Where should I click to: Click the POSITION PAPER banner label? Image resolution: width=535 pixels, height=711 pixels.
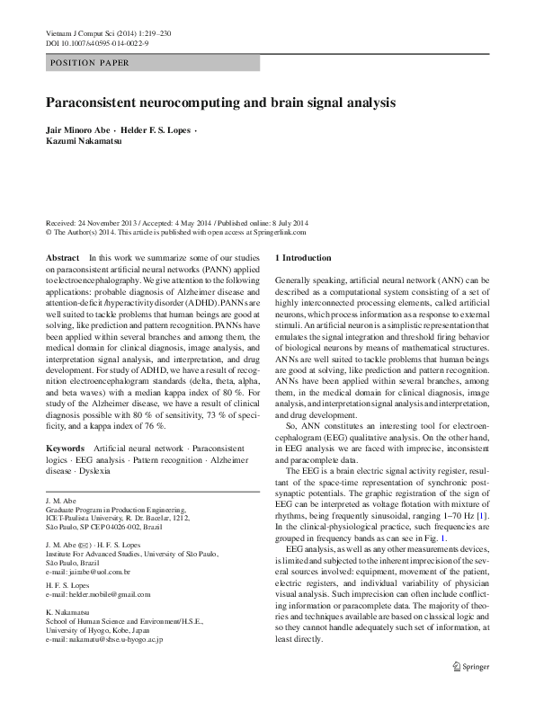[x=90, y=63]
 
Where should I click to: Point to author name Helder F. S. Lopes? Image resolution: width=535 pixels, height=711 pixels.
[x=162, y=131]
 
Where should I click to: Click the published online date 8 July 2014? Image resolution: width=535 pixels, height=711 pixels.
[x=287, y=223]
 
